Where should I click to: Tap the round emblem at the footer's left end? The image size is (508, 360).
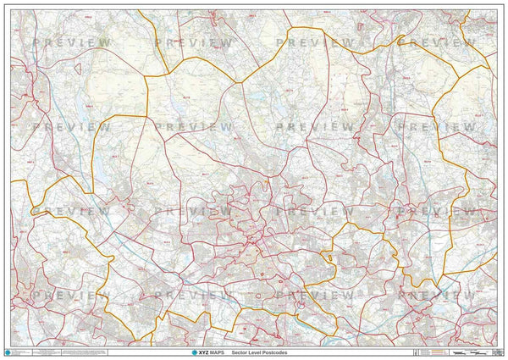point(9,352)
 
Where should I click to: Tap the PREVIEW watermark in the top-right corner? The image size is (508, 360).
point(435,42)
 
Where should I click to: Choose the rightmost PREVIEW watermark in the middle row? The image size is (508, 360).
point(435,126)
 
